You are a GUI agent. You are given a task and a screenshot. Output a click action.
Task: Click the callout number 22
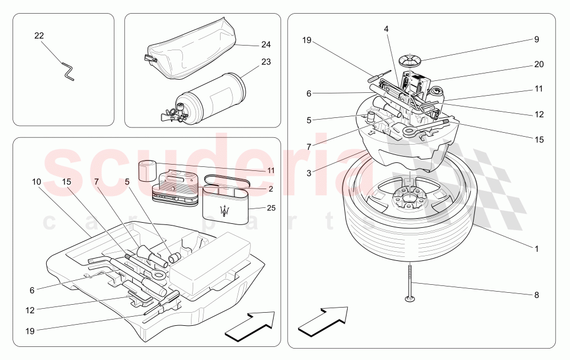[x=39, y=36]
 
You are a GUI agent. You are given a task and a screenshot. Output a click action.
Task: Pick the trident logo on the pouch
[x=227, y=210]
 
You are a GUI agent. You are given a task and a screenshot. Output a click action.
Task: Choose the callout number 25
[x=271, y=208]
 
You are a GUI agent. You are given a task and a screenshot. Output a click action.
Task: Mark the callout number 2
[x=271, y=189]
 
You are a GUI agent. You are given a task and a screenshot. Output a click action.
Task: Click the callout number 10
[x=36, y=182]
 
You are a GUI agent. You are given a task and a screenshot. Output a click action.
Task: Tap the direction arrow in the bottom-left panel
[x=250, y=327]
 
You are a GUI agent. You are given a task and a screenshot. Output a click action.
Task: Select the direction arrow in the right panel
[x=323, y=322]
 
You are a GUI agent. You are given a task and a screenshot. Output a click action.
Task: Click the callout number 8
[x=536, y=296]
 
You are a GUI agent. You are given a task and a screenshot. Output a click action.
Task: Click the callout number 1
[x=536, y=249]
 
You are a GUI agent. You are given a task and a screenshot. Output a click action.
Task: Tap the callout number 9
[x=536, y=40]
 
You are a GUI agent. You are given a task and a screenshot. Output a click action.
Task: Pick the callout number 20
[x=539, y=64]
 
